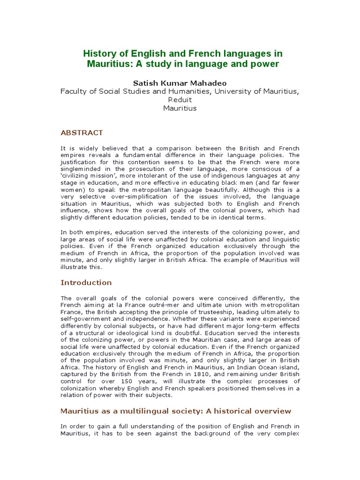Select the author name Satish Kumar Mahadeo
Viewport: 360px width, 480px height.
tap(180, 82)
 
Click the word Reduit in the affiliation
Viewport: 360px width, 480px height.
tap(180, 99)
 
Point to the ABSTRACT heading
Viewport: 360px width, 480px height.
tap(82, 133)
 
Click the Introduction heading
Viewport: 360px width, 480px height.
tap(86, 283)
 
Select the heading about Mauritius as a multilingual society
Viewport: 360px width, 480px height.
tap(176, 411)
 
